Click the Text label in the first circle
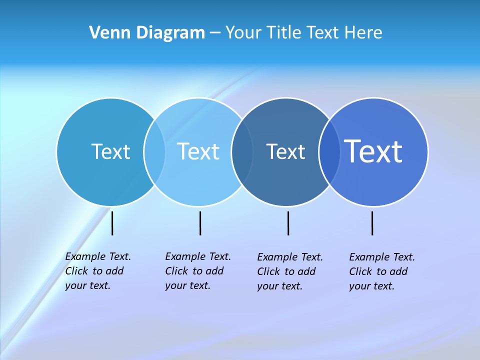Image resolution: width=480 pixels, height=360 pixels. (x=110, y=151)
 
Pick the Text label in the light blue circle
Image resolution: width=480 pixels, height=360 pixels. (x=198, y=151)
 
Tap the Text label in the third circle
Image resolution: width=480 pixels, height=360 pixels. (x=285, y=151)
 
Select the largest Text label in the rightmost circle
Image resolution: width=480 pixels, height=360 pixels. (x=373, y=151)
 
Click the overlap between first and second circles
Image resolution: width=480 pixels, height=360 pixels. (x=154, y=151)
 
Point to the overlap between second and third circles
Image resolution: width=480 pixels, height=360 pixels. (x=242, y=151)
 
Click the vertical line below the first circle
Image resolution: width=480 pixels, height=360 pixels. (x=112, y=223)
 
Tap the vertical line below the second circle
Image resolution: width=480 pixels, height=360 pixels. (x=200, y=223)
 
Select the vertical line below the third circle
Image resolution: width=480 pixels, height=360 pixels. (x=288, y=223)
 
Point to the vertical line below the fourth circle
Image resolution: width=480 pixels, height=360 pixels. (x=372, y=223)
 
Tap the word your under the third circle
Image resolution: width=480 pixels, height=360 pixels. (x=267, y=286)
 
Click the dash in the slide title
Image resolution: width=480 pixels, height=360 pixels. (x=215, y=33)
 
